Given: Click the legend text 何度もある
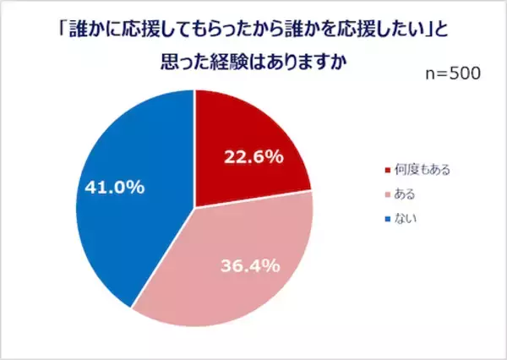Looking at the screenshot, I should tap(422, 170).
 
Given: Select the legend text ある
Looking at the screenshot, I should tap(406, 194).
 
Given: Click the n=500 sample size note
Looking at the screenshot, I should tap(452, 74).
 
